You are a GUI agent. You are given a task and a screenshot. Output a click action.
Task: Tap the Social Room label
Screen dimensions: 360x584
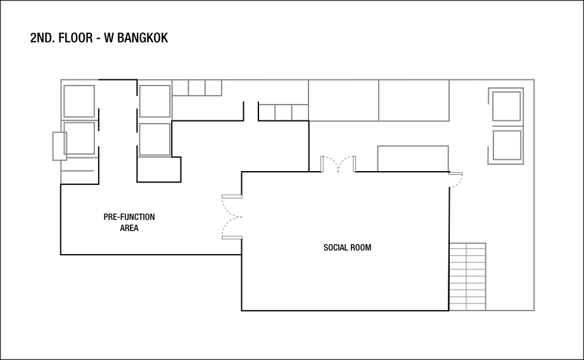347,248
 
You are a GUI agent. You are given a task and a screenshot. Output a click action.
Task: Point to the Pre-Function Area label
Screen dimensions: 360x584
129,222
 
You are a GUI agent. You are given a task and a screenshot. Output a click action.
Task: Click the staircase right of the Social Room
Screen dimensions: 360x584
467,276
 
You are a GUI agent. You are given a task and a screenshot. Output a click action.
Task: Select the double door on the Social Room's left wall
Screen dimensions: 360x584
231,217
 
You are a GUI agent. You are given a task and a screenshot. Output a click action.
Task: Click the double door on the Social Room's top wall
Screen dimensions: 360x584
338,164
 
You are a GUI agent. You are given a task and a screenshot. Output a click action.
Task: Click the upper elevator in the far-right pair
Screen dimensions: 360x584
507,106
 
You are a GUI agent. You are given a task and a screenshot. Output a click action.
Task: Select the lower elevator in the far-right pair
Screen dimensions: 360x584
507,145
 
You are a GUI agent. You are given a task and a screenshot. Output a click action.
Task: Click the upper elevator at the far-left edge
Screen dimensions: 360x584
79,101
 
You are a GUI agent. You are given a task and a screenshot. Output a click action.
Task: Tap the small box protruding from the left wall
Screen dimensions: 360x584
59,146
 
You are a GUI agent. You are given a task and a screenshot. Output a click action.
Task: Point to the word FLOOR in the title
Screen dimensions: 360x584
77,38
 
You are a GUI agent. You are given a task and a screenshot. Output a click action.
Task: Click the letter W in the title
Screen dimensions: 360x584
111,38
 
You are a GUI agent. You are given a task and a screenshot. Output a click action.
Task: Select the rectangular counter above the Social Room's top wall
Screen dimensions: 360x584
413,158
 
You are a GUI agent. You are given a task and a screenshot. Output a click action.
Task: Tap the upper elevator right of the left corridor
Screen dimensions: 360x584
155,101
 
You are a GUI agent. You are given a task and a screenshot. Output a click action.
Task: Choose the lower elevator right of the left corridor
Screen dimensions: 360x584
155,139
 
